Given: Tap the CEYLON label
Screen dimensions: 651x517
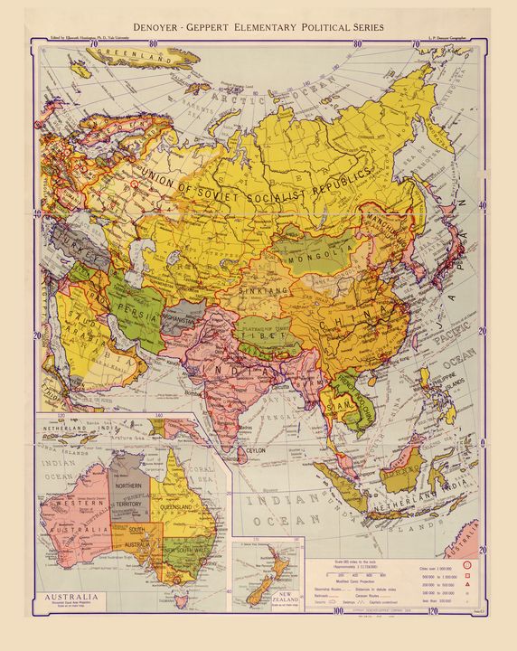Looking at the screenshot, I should click(263, 448).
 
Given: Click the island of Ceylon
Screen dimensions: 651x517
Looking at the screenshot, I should click(242, 447).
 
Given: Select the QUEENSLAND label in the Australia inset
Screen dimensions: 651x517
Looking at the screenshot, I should click(173, 508).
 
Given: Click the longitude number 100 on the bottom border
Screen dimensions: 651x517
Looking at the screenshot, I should click(339, 611).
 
